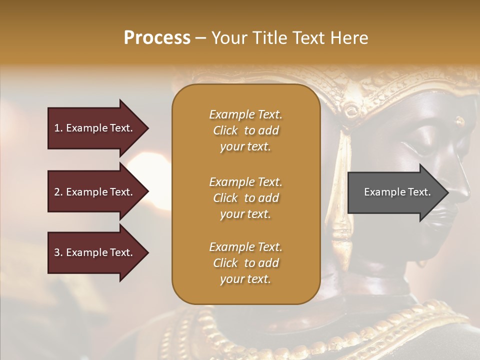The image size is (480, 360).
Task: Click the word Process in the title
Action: (x=157, y=38)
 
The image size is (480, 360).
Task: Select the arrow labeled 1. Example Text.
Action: (x=95, y=128)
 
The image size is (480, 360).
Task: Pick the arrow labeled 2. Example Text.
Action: (x=95, y=192)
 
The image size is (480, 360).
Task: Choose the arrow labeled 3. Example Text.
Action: (x=95, y=252)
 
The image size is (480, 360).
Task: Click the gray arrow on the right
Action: (x=395, y=192)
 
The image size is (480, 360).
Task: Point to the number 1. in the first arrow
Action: (x=58, y=128)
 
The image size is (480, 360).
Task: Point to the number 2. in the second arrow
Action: (x=58, y=192)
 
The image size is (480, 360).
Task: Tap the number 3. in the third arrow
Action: (x=58, y=252)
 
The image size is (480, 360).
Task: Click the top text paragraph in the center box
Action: (x=245, y=130)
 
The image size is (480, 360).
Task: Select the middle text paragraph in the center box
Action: (x=245, y=198)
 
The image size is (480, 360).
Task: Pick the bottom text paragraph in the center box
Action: (x=245, y=263)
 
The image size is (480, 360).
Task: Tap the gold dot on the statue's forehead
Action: (x=459, y=120)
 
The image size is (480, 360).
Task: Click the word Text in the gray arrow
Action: (x=419, y=192)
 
